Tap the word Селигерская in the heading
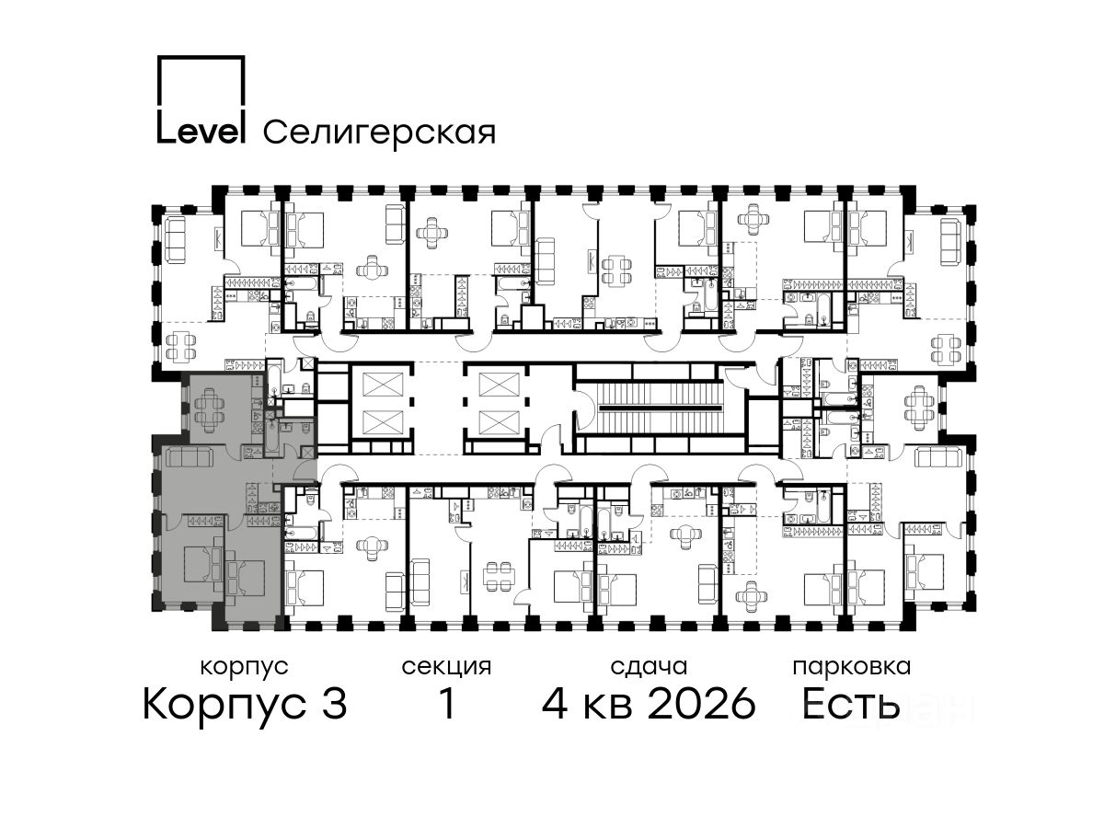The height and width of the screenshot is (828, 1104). click(x=380, y=133)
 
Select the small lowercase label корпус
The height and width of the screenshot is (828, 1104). click(x=245, y=668)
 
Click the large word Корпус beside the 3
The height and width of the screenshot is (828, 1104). click(x=224, y=706)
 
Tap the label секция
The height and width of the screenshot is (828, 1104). click(x=446, y=668)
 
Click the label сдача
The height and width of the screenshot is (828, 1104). click(x=649, y=667)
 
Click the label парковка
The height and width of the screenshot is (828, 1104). click(x=852, y=668)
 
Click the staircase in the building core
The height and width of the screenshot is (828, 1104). click(x=659, y=408)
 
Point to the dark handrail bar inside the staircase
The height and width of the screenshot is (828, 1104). click(x=659, y=408)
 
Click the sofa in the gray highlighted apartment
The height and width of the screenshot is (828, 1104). click(x=190, y=457)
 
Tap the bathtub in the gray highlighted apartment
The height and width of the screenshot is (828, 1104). click(x=272, y=440)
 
